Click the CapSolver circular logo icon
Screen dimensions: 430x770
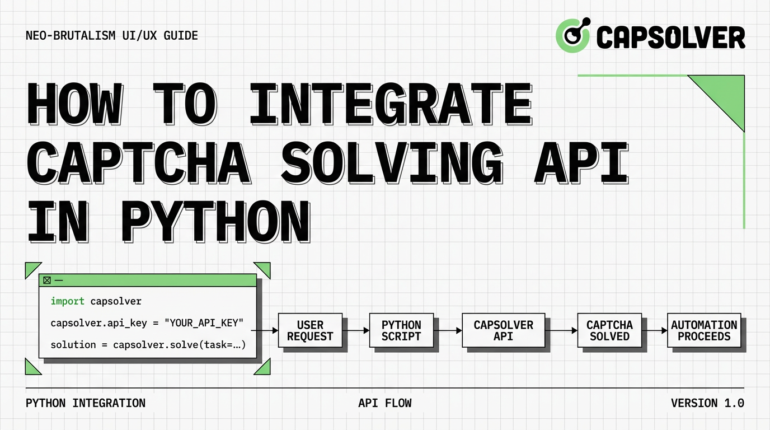(572, 35)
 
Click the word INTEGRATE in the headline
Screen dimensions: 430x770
(391, 104)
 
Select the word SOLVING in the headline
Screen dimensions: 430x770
(392, 163)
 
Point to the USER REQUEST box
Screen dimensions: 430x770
(310, 331)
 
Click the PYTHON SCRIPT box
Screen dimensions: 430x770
(401, 331)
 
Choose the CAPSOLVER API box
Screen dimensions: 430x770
(503, 331)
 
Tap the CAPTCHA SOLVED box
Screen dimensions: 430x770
(609, 331)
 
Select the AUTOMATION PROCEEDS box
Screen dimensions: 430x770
(704, 331)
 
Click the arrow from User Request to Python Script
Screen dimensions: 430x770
(356, 331)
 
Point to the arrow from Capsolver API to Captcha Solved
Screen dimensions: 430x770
(561, 331)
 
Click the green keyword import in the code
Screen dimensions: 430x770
(67, 301)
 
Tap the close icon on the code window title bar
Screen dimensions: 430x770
(47, 280)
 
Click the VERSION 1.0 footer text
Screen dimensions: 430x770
(707, 403)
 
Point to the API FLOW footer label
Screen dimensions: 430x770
(384, 403)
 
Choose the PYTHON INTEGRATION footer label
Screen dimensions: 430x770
(86, 403)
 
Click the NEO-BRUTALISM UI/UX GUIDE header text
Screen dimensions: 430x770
(112, 36)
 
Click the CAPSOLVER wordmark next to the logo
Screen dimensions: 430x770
(670, 37)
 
